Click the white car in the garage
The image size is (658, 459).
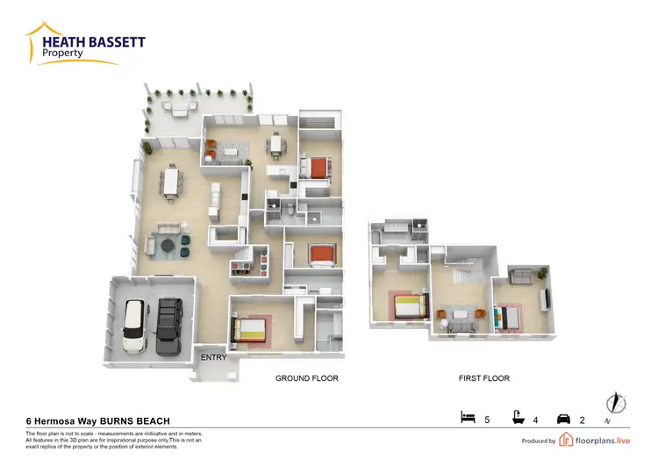134,326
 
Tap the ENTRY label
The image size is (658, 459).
214,357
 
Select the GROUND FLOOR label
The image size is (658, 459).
307,378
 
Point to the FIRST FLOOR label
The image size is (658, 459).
484,378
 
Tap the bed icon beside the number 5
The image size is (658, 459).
468,418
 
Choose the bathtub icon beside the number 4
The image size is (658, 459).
519,418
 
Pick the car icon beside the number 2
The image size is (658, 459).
565,419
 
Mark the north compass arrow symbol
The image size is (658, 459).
617,403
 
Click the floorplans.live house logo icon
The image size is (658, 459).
567,440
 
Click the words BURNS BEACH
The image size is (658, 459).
146,421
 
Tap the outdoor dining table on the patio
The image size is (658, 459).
182,109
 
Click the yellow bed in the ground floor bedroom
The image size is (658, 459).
249,329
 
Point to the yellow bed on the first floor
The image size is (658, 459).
407,305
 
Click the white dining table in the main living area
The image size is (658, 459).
171,183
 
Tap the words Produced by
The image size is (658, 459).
539,441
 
